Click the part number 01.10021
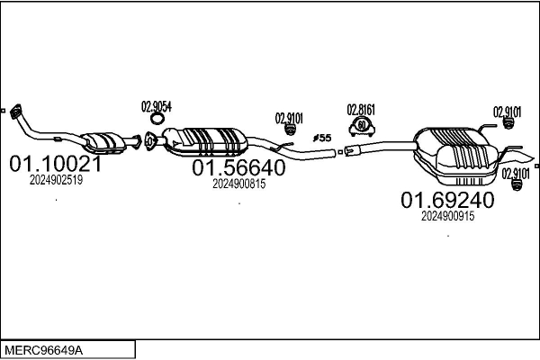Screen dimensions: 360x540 (55, 165)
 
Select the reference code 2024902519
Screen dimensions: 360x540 (56, 180)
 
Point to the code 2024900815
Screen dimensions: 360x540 (238, 184)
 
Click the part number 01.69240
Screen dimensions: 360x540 (447, 200)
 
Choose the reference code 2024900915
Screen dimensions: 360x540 (447, 215)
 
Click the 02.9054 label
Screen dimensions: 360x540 (156, 105)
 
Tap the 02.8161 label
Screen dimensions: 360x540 (361, 110)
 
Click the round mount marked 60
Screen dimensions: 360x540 (361, 125)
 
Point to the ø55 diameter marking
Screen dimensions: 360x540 (321, 138)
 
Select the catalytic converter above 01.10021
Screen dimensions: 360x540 (104, 141)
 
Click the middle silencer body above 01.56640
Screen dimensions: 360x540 (209, 140)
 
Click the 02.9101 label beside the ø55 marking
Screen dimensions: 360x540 (289, 117)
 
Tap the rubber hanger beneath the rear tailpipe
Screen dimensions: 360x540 (517, 186)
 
